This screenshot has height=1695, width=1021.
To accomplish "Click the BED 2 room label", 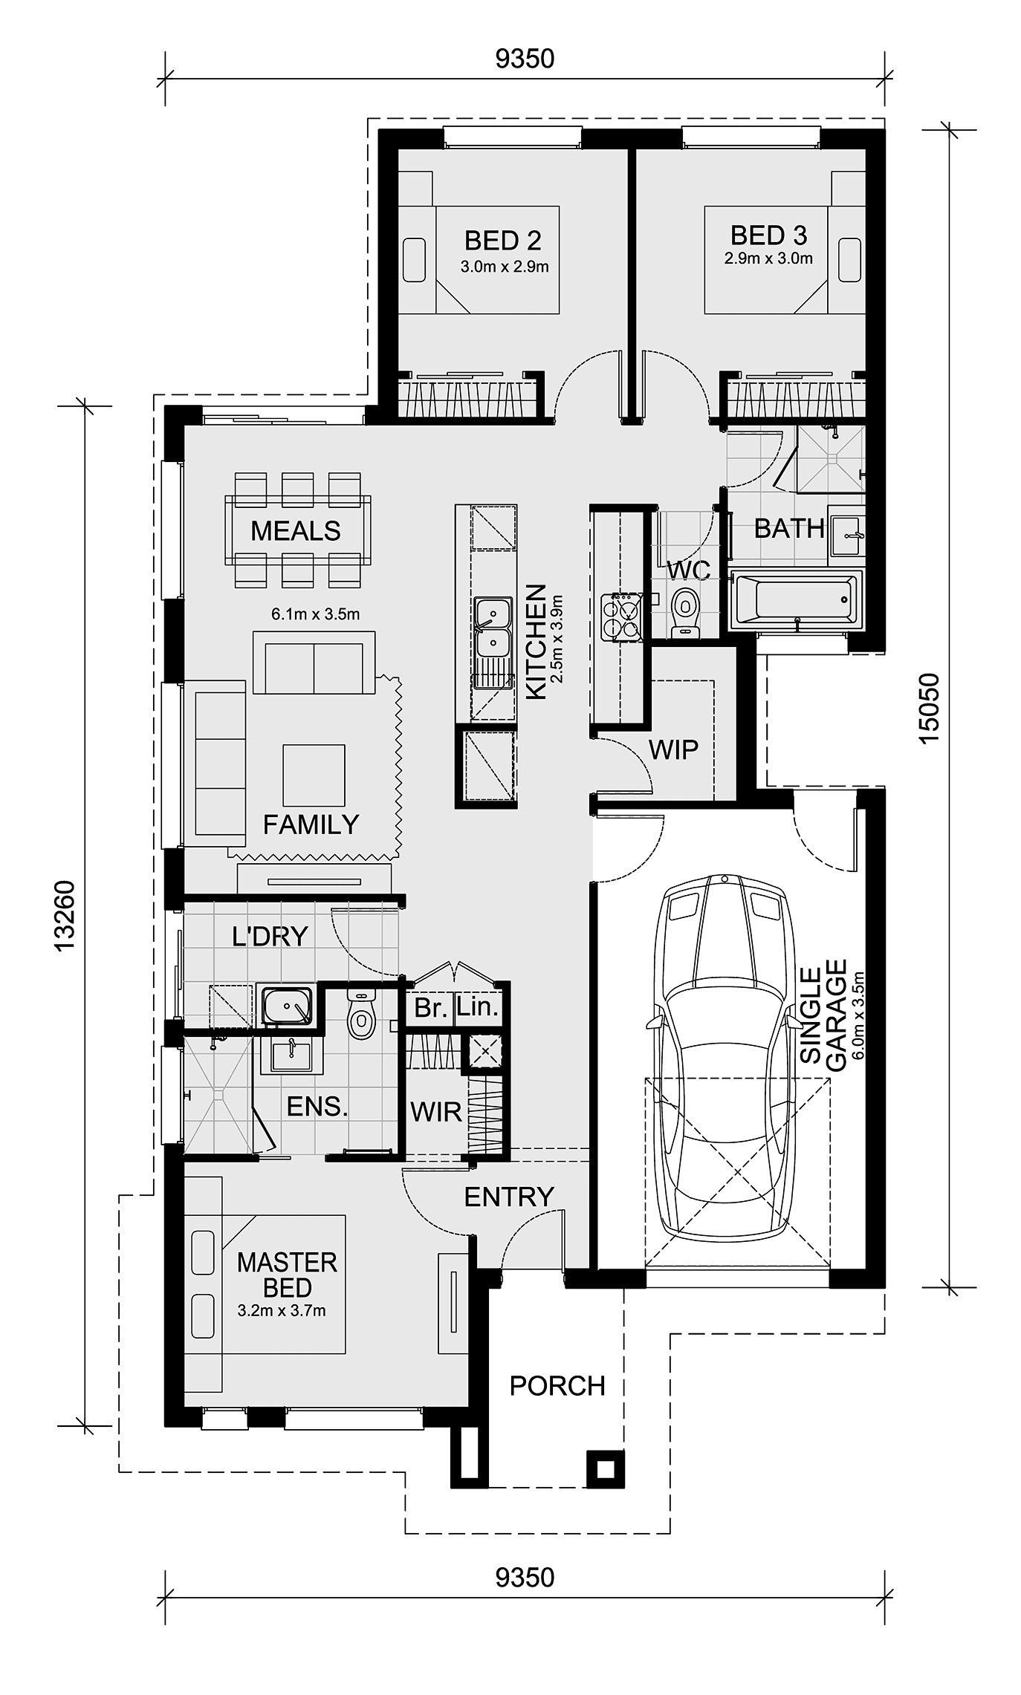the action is [503, 241].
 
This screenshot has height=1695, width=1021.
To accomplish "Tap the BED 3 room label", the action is [768, 235].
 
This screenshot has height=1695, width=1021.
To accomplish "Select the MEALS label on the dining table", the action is [296, 531].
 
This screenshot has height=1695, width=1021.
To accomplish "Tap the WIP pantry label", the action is [674, 749].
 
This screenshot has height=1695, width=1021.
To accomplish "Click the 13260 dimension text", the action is [65, 915].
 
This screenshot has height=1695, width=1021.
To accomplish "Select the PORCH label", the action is [557, 1385].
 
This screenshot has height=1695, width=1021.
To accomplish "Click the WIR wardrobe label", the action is [436, 1112].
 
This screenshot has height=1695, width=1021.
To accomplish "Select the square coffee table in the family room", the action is [314, 775].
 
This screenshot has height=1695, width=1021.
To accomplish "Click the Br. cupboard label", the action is [431, 1008].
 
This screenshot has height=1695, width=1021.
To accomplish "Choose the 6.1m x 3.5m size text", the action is [316, 614].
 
